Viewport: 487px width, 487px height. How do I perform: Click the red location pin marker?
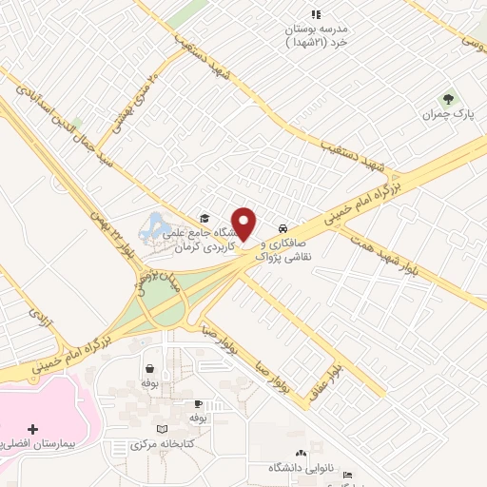[x=244, y=223]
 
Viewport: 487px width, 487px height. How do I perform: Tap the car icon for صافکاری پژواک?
[x=283, y=229]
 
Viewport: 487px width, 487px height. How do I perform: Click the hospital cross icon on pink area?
[x=34, y=430]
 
